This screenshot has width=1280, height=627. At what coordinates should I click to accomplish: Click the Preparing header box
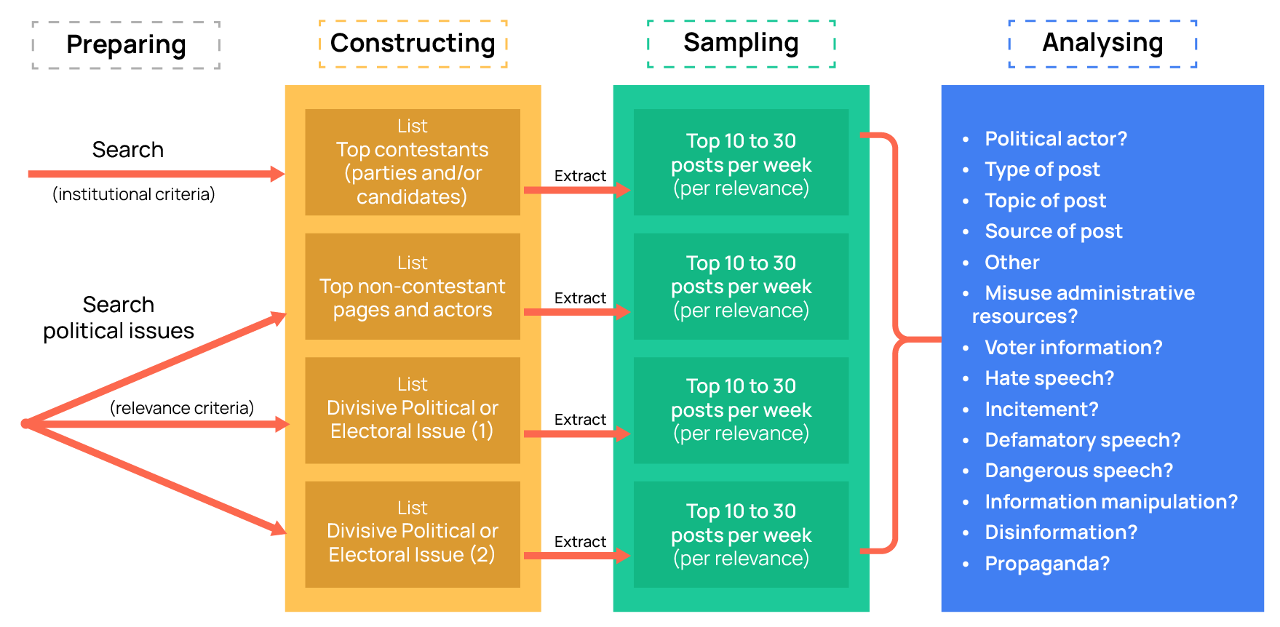[126, 45]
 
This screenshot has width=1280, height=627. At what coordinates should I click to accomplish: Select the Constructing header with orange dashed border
[413, 44]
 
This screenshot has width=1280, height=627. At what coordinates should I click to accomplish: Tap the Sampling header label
[741, 44]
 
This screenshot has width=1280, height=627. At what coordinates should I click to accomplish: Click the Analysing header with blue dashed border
[1102, 44]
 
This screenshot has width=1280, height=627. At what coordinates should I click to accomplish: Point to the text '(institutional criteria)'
[134, 194]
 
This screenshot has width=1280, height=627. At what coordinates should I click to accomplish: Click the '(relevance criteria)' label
[182, 408]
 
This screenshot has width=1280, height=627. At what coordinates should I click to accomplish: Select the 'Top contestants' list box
[412, 162]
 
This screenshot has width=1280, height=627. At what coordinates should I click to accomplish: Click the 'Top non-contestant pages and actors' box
[412, 287]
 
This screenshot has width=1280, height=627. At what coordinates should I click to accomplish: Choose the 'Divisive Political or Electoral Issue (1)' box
[412, 410]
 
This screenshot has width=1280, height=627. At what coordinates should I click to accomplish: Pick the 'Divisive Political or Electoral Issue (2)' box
[412, 533]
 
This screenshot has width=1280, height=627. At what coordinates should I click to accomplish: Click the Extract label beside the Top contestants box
[580, 176]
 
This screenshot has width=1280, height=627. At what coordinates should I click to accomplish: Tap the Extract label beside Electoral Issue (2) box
[580, 542]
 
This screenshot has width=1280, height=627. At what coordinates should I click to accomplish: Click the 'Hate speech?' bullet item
[1049, 378]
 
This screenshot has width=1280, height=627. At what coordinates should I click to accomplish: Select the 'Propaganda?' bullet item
[1046, 564]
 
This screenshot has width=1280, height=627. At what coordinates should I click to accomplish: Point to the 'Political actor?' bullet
[1055, 139]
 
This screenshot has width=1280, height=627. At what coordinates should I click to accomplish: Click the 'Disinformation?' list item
[1060, 532]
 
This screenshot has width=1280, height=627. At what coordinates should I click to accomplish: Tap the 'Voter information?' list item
[1073, 348]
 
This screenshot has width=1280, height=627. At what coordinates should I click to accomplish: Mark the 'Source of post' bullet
[1053, 231]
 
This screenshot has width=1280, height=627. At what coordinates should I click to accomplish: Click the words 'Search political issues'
[119, 318]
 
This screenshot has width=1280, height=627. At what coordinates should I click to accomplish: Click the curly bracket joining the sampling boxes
[897, 340]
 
